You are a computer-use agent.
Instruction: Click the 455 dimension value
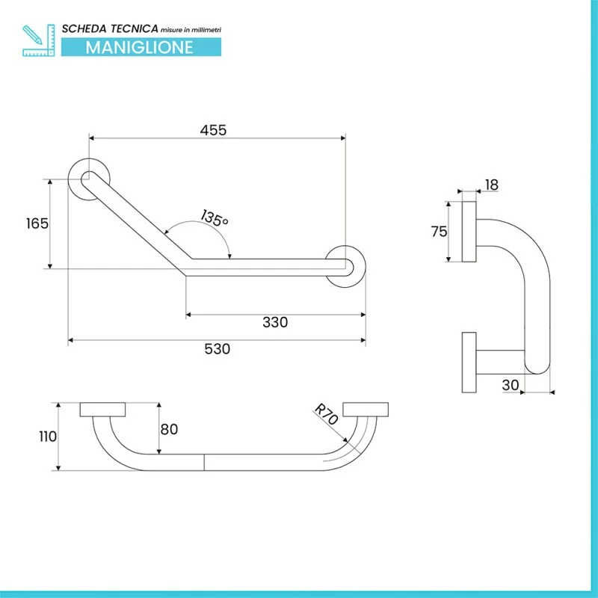pyautogui.click(x=213, y=129)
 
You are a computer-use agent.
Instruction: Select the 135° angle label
pyautogui.click(x=214, y=219)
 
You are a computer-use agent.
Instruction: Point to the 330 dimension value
pyautogui.click(x=275, y=322)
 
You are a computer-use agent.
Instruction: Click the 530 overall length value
pyautogui.click(x=217, y=348)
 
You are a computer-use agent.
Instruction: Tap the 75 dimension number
pyautogui.click(x=439, y=231)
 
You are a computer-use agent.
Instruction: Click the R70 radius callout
pyautogui.click(x=326, y=415)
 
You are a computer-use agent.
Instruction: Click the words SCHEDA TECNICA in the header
pyautogui.click(x=109, y=28)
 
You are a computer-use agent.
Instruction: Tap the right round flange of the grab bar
pyautogui.click(x=345, y=265)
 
